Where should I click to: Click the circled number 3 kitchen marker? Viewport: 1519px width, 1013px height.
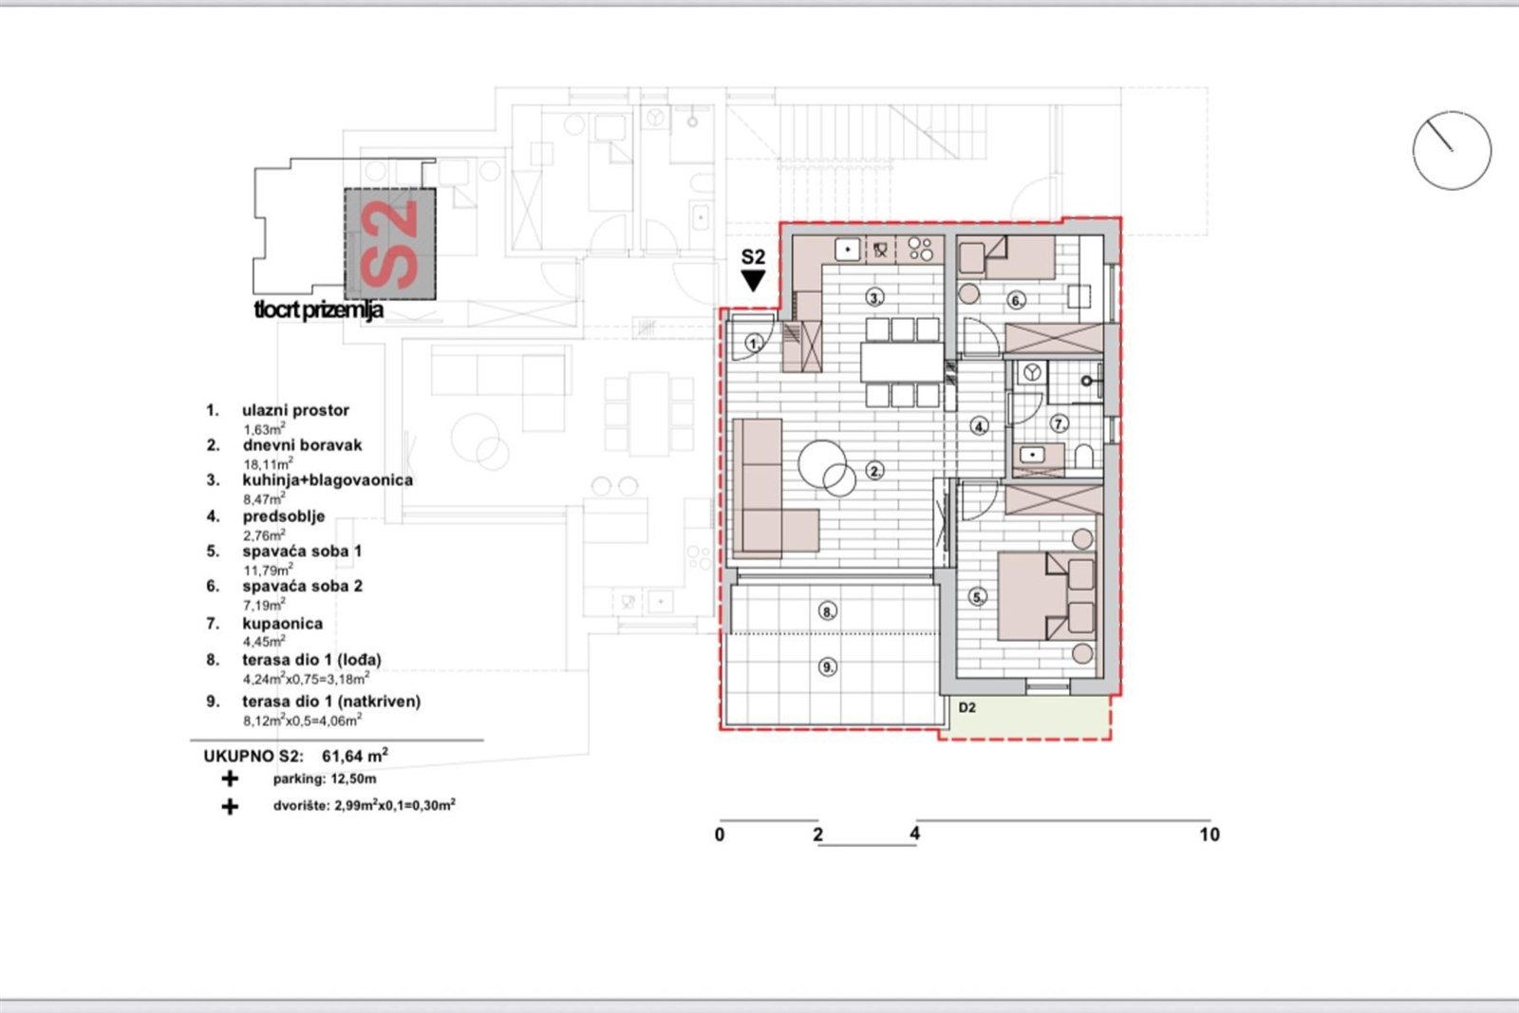(x=874, y=297)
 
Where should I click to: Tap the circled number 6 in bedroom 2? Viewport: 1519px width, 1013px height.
(x=1015, y=300)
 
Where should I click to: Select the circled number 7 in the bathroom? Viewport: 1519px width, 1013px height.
(x=1060, y=423)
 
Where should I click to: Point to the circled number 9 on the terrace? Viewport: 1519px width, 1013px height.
(x=827, y=667)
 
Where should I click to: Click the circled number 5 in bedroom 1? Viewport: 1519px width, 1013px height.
(x=977, y=597)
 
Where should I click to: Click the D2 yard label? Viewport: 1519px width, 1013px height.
(x=967, y=708)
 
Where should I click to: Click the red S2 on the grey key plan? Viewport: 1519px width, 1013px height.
(x=389, y=244)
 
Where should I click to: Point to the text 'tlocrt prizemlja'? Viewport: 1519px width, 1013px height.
(x=319, y=310)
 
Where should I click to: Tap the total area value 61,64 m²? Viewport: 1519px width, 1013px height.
(x=355, y=756)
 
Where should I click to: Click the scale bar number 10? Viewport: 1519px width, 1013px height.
(x=1210, y=835)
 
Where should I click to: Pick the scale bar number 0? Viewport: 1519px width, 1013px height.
(x=720, y=835)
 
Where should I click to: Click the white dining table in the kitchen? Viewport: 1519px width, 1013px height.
(x=902, y=363)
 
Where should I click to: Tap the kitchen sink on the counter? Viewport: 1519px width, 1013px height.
(x=847, y=250)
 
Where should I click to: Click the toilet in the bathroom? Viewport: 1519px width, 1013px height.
(x=1083, y=457)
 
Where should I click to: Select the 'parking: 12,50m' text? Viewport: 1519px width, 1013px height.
(x=325, y=779)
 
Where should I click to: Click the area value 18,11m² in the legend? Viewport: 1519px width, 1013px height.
(x=268, y=463)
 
